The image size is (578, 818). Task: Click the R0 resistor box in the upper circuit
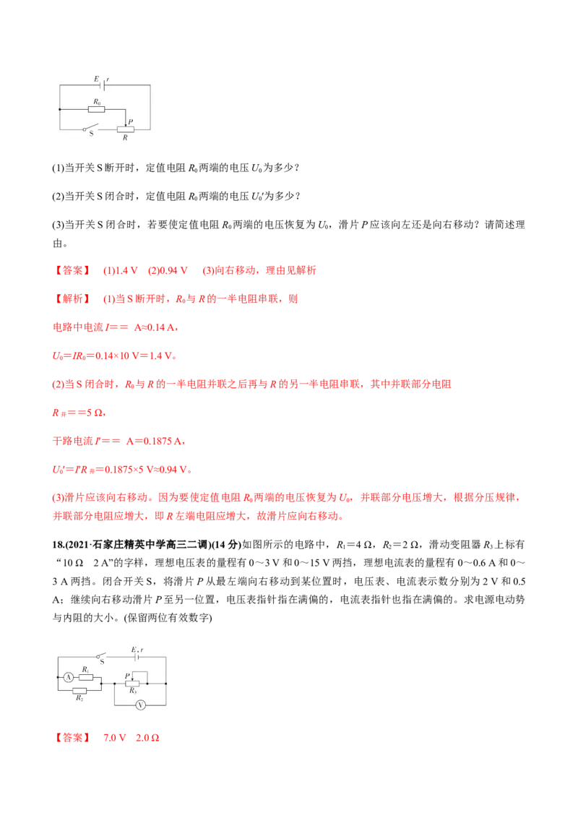tap(96, 110)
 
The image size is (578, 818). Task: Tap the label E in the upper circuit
tap(96, 78)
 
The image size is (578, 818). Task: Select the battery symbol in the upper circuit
tap(103, 85)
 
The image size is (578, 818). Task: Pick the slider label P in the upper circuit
tap(130, 121)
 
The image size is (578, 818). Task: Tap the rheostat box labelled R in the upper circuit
tap(126, 129)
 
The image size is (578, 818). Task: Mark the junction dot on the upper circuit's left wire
tap(59, 110)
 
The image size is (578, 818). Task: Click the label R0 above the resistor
tap(97, 103)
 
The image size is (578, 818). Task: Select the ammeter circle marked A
tap(69, 677)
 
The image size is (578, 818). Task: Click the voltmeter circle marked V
tap(142, 702)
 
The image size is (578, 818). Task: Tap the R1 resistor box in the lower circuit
tap(87, 677)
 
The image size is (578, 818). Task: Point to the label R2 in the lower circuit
tap(79, 699)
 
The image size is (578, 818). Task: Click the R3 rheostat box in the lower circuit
tap(132, 683)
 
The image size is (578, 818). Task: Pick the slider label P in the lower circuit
tap(126, 675)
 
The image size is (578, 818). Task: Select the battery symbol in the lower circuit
tap(135, 658)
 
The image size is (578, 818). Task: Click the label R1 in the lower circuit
tap(85, 670)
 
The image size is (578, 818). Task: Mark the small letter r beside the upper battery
tap(108, 78)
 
